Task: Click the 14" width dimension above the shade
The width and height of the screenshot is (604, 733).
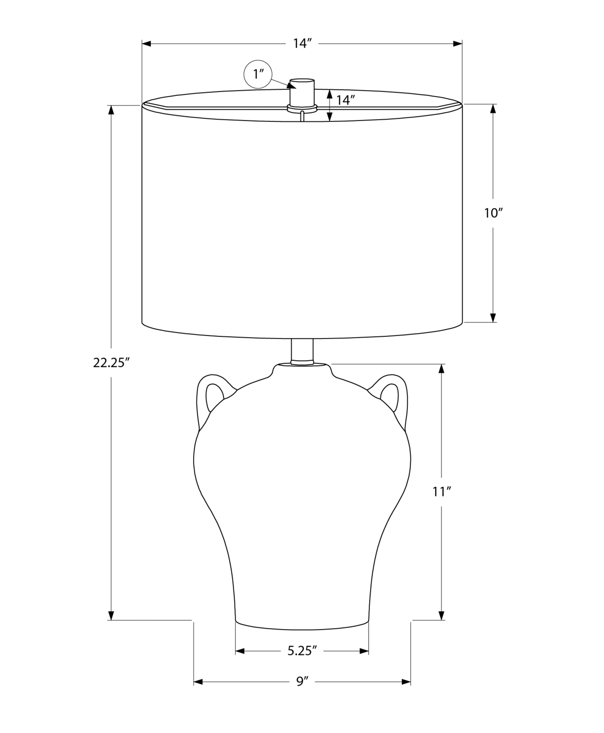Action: [x=302, y=44]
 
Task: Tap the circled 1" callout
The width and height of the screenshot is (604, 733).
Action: [x=258, y=74]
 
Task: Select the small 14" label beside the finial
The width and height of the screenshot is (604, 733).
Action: [x=345, y=100]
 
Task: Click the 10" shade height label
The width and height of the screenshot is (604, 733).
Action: [x=493, y=213]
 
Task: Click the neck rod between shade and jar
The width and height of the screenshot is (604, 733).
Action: [x=302, y=351]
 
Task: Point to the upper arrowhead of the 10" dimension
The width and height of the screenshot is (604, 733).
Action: [x=493, y=109]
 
